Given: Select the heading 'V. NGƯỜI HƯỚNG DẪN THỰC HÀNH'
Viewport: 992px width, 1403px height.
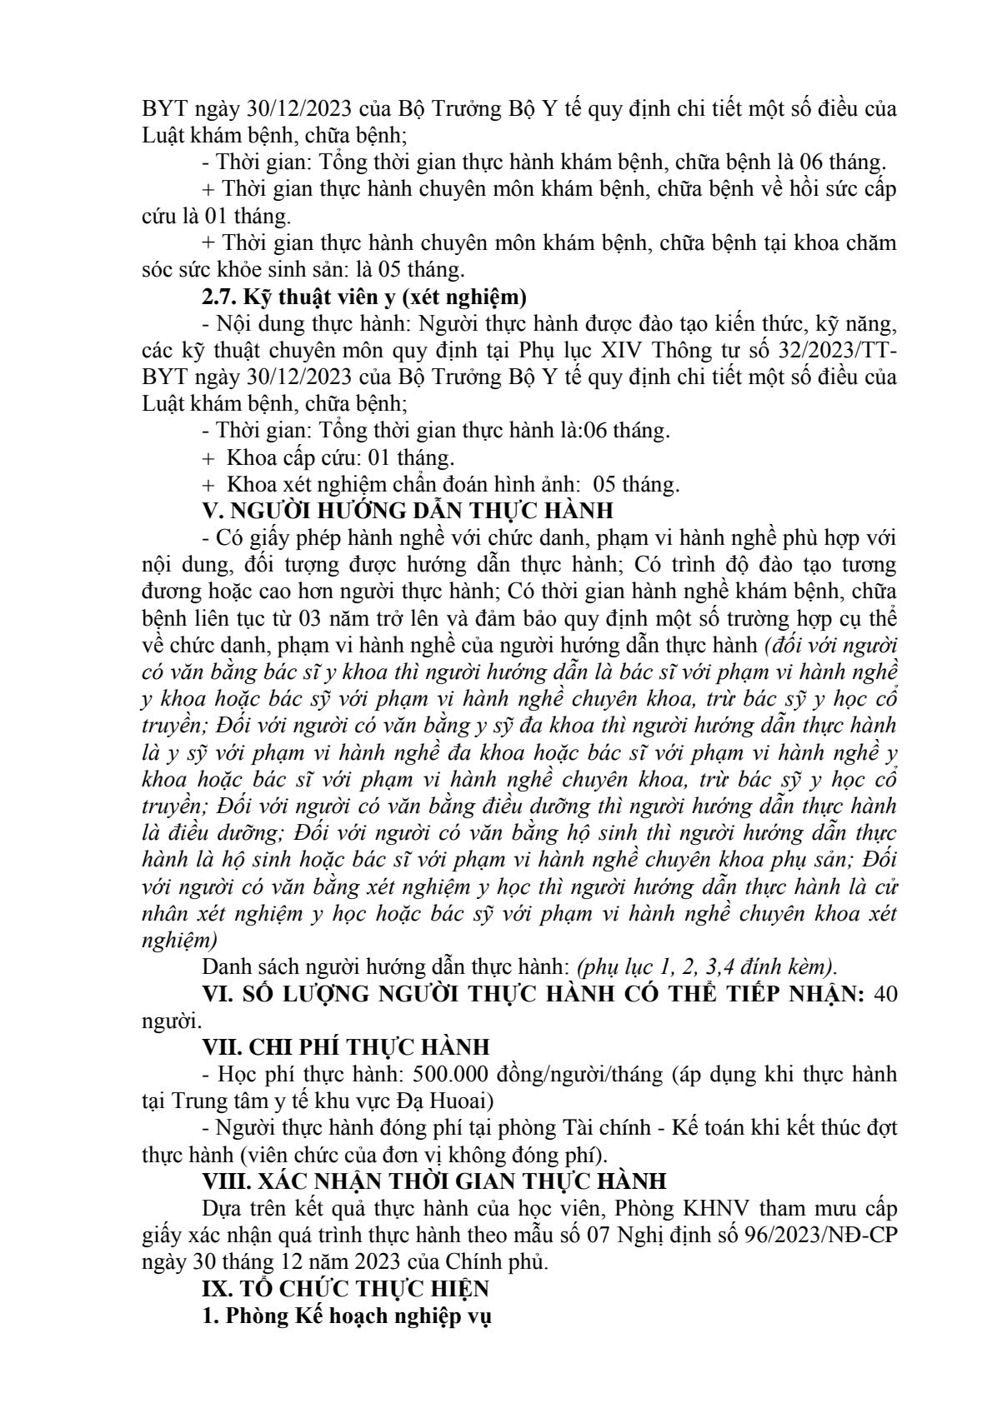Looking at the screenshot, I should (408, 509).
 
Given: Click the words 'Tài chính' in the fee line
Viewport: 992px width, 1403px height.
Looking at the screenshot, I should (519, 1127).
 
